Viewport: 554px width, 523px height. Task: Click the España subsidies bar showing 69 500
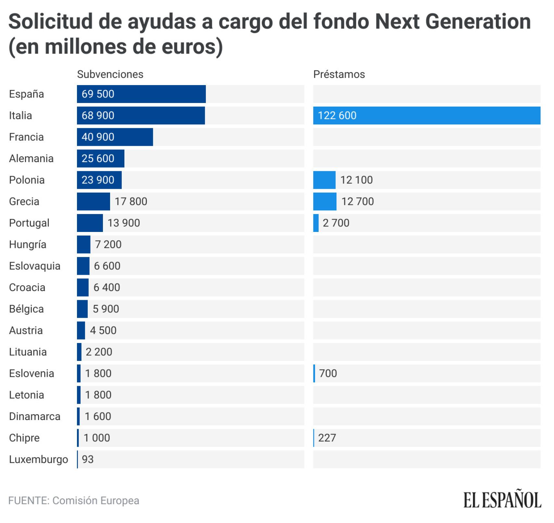(141, 94)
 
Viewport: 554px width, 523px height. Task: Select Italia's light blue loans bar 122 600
(426, 115)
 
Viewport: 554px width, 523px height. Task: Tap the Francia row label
(26, 137)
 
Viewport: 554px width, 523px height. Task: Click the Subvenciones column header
(110, 74)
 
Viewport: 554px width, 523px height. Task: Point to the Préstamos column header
(339, 74)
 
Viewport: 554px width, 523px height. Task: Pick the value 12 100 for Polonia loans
(356, 180)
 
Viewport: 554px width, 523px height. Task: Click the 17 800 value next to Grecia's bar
(131, 201)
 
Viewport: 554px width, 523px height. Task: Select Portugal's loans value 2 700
(336, 223)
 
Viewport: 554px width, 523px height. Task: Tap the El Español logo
(502, 500)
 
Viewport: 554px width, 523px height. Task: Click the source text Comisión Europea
(95, 501)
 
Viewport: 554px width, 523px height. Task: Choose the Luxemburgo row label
(38, 459)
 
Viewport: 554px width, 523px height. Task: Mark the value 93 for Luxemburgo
(88, 459)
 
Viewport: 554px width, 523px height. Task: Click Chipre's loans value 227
(327, 438)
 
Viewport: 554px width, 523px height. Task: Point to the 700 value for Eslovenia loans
(328, 373)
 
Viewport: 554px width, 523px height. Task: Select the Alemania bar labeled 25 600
(100, 158)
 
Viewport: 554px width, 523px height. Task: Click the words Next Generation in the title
(452, 21)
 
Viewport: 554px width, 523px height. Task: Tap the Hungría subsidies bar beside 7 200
(83, 244)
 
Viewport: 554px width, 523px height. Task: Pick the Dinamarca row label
(34, 416)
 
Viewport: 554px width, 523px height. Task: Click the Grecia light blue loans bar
(324, 201)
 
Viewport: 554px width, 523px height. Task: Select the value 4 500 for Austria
(103, 330)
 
